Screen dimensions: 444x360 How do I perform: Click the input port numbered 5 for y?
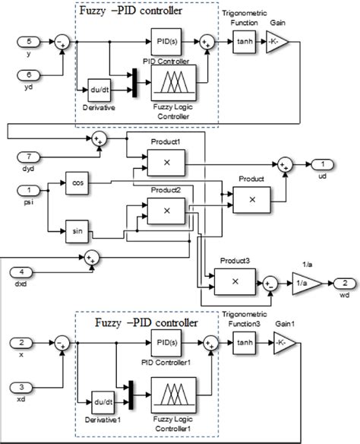(x=27, y=40)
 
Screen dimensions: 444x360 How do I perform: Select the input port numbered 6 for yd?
(x=27, y=75)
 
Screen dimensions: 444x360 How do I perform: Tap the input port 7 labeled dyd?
(x=27, y=156)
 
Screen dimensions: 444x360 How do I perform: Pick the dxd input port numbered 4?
(x=27, y=271)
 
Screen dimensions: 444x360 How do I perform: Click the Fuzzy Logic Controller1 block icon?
(x=175, y=395)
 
